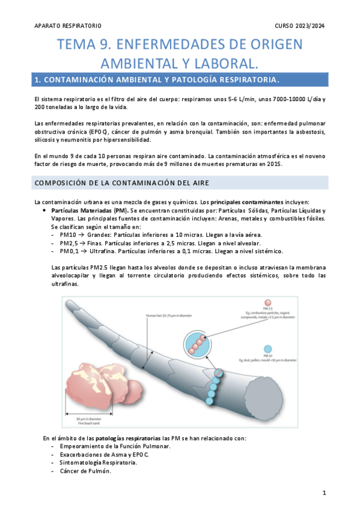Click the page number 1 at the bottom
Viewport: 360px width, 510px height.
click(324, 493)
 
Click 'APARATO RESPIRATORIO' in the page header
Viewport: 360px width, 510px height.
click(69, 26)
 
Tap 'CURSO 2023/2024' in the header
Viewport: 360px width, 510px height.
click(299, 26)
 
